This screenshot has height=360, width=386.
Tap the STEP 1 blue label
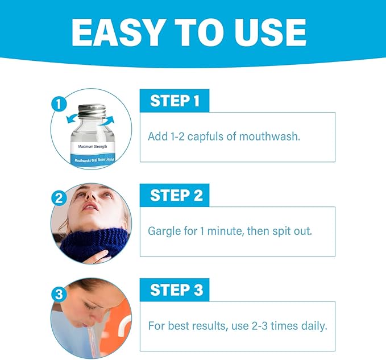coord(175,101)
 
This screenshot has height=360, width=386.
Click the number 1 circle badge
coord(57,105)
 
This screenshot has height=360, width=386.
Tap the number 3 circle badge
coord(57,294)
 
